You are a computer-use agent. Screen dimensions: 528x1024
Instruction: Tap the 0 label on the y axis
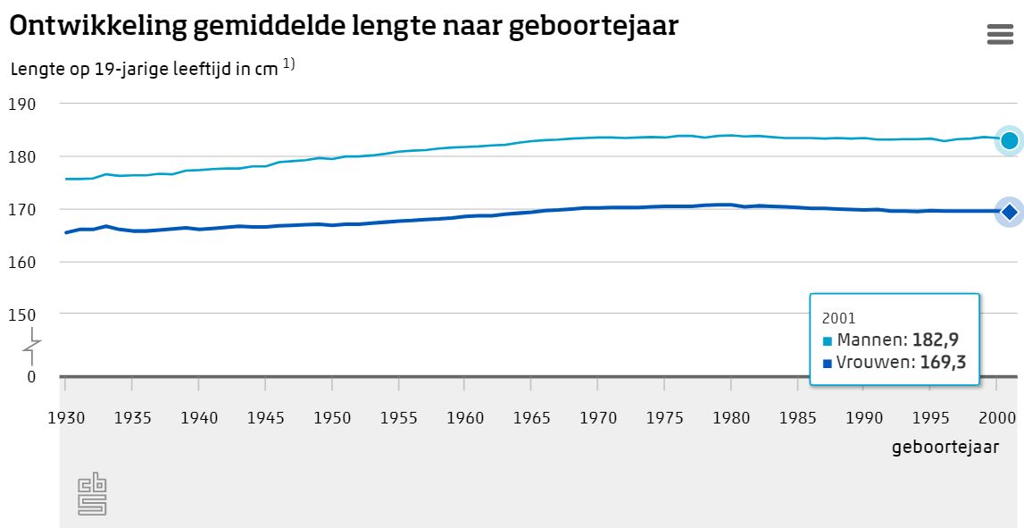tap(31, 376)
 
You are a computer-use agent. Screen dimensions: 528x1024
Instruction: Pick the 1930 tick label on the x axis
tap(65, 417)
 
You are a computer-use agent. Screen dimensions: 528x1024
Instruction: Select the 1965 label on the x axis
tap(531, 417)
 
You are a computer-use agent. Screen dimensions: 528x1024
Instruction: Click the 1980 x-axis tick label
tap(731, 417)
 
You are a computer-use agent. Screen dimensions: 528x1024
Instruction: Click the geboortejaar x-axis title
tap(945, 447)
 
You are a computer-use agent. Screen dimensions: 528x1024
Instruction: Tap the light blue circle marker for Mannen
tap(1009, 140)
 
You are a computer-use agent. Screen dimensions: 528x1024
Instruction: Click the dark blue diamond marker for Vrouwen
tap(1009, 212)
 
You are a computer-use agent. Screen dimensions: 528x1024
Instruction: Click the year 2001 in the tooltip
tap(838, 317)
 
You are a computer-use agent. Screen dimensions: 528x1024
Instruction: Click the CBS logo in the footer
tap(92, 494)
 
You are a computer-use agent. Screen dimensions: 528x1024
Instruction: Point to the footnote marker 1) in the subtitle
tap(289, 63)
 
